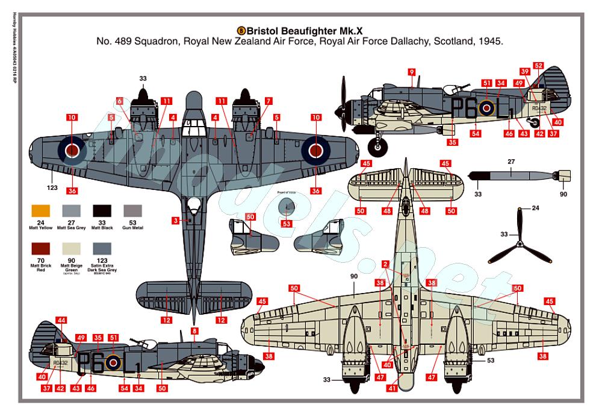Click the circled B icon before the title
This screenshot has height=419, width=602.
coord(242,30)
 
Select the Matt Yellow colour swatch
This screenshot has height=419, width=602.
coord(41,211)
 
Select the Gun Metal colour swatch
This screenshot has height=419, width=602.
coord(133,211)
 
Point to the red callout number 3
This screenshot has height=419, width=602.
coord(174,221)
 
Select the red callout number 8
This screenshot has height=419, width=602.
coord(194,330)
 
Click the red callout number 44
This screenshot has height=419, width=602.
coord(62,320)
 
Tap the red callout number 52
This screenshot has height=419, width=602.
coord(538,66)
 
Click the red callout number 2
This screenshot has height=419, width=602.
coord(385,263)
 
